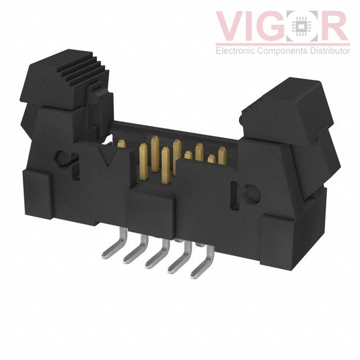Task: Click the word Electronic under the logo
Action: tap(236, 51)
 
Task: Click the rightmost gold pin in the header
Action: tap(222, 152)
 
